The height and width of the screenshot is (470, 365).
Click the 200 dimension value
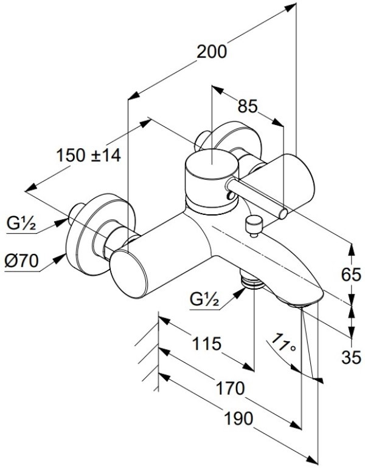(212, 52)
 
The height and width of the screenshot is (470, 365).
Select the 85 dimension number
(246, 107)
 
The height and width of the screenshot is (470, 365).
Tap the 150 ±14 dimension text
(89, 155)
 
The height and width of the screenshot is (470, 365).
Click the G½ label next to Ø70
(22, 225)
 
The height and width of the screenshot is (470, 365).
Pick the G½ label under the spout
(204, 299)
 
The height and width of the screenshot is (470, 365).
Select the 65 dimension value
(351, 275)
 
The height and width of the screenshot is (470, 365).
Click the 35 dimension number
(351, 357)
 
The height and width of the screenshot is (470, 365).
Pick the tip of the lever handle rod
(283, 212)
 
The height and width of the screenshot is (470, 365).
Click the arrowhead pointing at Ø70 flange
(61, 257)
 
